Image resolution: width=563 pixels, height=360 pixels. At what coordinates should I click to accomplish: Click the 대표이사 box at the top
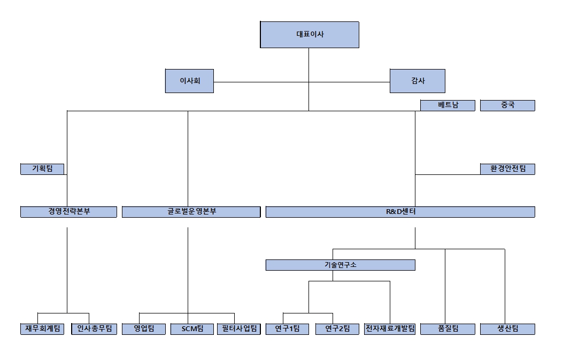coord(309,35)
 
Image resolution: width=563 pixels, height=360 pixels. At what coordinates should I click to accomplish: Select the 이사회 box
coord(189,81)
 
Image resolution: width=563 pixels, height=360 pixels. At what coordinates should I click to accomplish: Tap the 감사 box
coord(417,81)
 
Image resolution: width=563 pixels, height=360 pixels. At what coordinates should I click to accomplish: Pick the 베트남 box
coord(448,105)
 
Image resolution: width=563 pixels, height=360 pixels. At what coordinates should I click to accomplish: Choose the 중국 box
coord(507,105)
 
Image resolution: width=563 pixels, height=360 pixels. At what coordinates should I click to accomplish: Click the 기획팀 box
coord(42,169)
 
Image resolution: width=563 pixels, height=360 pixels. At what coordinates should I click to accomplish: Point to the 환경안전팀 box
coord(507,169)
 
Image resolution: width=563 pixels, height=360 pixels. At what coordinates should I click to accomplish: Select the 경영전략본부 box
coord(68,212)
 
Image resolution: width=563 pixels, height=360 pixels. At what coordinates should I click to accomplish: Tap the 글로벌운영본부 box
coord(191,212)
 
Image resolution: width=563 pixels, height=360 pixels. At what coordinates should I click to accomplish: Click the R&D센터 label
coord(400,212)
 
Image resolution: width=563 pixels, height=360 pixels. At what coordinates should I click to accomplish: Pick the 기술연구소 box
coord(340,265)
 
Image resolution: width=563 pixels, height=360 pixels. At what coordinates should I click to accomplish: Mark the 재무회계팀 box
coord(42,329)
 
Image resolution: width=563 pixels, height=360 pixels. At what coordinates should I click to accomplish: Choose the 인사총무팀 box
coord(94,329)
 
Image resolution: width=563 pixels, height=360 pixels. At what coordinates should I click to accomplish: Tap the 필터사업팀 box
coord(238,329)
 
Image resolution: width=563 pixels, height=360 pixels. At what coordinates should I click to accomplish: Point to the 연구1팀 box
coord(287,329)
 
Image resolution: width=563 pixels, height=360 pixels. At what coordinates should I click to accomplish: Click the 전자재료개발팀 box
coord(390,329)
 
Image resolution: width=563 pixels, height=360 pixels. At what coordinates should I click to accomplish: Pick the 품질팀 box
coord(448,329)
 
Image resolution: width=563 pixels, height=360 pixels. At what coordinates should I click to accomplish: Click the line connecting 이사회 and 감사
coord(267,82)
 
